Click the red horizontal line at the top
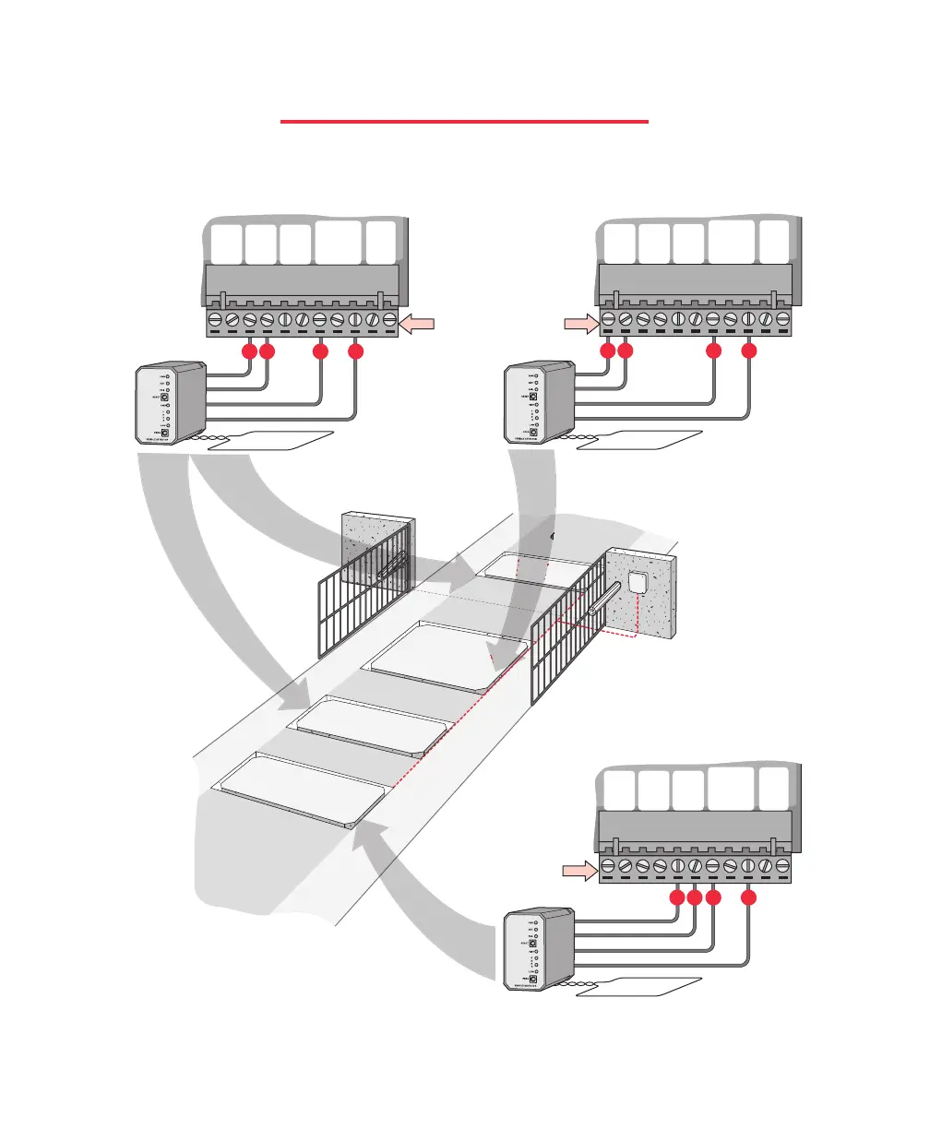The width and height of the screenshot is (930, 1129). tap(464, 121)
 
